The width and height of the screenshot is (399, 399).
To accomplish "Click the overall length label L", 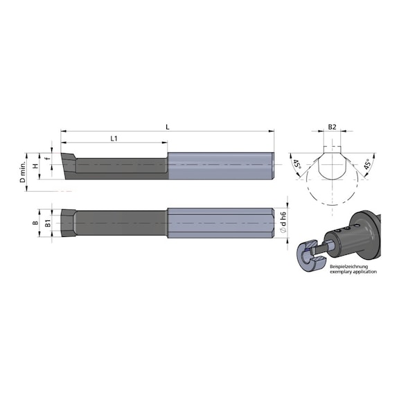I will pos(168,125).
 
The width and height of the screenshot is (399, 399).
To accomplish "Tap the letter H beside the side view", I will pos(36,166).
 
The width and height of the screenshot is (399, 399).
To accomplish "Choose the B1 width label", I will pos(47,224).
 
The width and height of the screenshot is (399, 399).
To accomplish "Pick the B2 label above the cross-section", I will pos(332,127).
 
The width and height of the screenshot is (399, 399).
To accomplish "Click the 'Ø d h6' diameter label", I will pos(283,223).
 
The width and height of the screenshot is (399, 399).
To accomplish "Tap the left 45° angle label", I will pos(296,166).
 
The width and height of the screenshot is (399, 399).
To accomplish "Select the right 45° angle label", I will pos(367,166).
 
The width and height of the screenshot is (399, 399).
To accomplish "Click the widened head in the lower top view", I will pos(68,224).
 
